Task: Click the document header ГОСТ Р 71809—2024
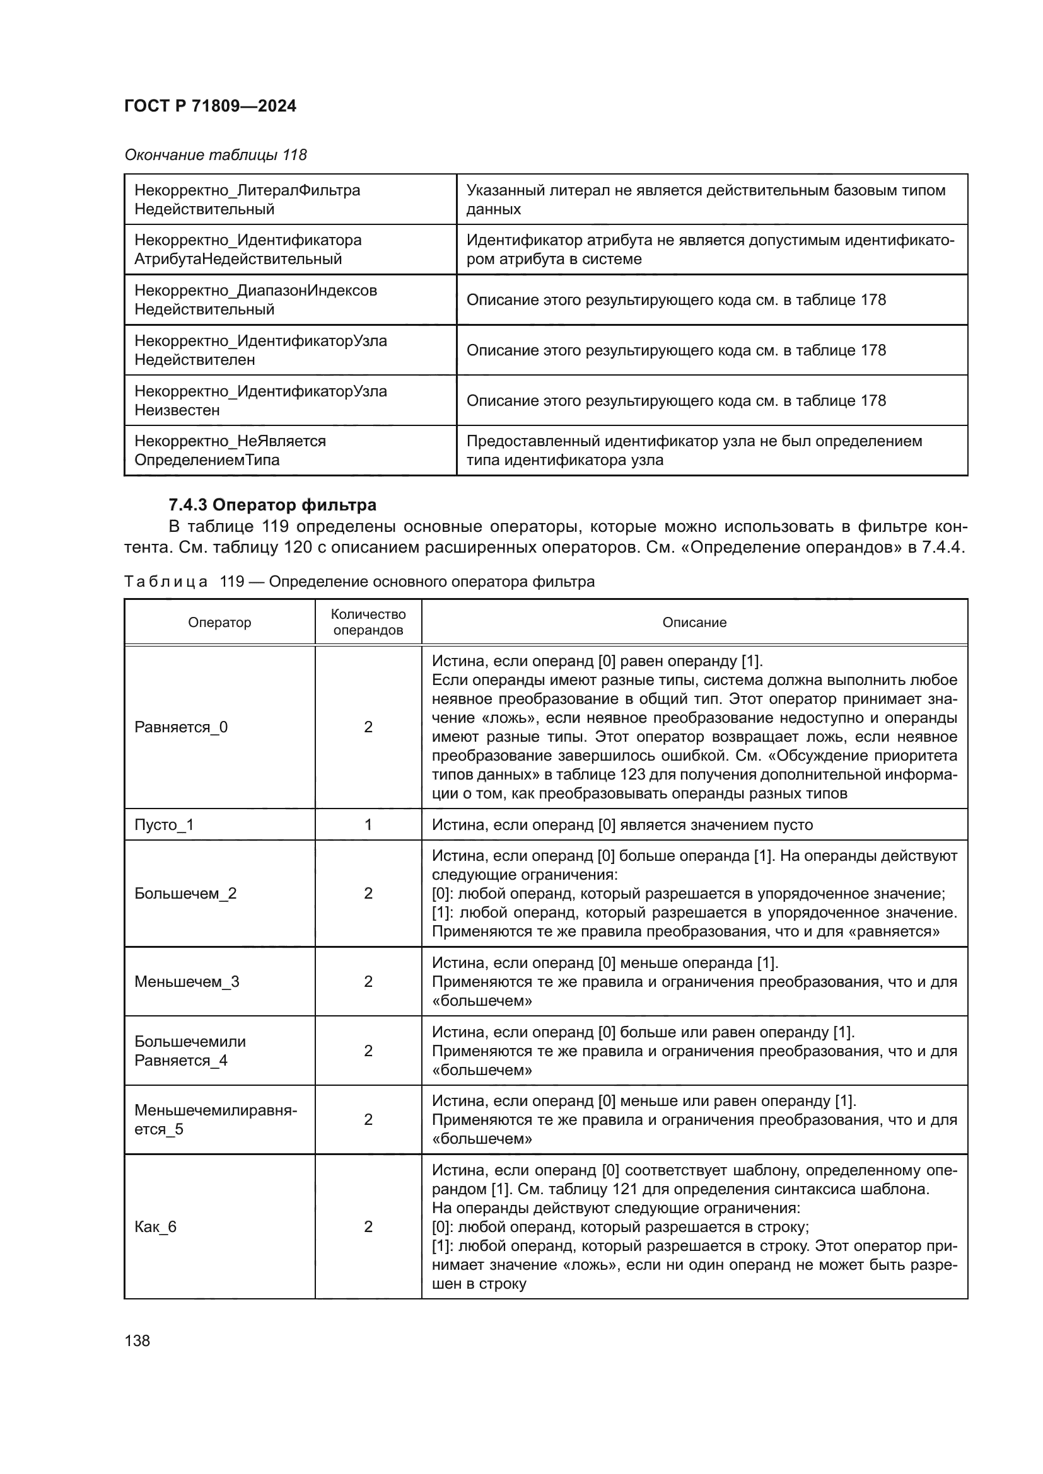pos(210,106)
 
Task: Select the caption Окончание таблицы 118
pos(215,155)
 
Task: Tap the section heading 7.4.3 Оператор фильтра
pos(272,505)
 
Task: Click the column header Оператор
pos(219,622)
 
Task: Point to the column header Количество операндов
pos(368,622)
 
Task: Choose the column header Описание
pos(694,622)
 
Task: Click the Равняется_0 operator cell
pos(181,727)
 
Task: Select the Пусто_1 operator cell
pos(164,824)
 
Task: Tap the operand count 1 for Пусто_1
pos(368,824)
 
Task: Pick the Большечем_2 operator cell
pos(185,893)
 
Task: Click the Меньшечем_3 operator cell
pos(186,981)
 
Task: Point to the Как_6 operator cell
pos(155,1226)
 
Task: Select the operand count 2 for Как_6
pos(368,1226)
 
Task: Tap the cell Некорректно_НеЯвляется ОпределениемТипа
pos(230,450)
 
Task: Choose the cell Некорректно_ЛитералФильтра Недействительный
pos(247,199)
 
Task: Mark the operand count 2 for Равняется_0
pos(368,727)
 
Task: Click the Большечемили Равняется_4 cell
pos(189,1051)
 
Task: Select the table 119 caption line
pos(359,582)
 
